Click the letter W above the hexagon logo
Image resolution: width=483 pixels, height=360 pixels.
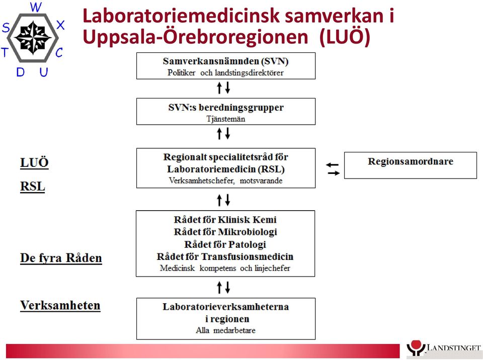pyautogui.click(x=36, y=7)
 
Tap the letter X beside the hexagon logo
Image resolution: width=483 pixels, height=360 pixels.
pyautogui.click(x=60, y=25)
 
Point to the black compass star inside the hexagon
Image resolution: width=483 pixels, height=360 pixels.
pyautogui.click(x=33, y=38)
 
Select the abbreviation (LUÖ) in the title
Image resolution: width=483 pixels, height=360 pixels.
pyautogui.click(x=345, y=37)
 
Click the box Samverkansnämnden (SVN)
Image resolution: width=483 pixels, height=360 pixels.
pyautogui.click(x=226, y=66)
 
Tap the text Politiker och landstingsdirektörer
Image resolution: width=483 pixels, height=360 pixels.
pyautogui.click(x=225, y=73)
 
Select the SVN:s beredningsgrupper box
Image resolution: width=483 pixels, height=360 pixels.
pyautogui.click(x=226, y=112)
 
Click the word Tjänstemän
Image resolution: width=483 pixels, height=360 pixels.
pyautogui.click(x=226, y=119)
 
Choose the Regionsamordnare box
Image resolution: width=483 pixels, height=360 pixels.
pyautogui.click(x=411, y=165)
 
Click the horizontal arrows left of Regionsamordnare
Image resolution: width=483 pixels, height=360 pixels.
pyautogui.click(x=333, y=169)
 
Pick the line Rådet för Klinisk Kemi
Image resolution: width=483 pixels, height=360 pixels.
pyautogui.click(x=225, y=220)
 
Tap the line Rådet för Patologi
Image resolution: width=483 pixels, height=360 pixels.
pyautogui.click(x=225, y=244)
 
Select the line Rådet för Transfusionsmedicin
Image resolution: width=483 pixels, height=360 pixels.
pyautogui.click(x=225, y=256)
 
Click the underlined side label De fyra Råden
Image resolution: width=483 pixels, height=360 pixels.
pyautogui.click(x=61, y=258)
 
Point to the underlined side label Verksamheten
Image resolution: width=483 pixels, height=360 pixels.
pyautogui.click(x=60, y=306)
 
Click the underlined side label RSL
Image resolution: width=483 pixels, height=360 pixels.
pyautogui.click(x=33, y=187)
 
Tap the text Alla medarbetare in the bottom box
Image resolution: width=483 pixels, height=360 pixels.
pyautogui.click(x=226, y=330)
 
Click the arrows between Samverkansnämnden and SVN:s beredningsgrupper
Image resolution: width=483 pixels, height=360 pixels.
pyautogui.click(x=223, y=88)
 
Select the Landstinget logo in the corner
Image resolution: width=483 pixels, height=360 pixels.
pyautogui.click(x=444, y=349)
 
